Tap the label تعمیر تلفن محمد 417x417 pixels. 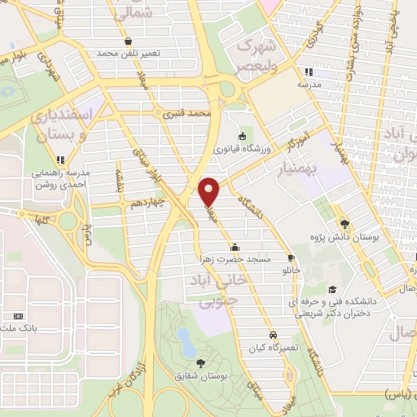point(125,53)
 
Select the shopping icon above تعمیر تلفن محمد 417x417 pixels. point(126,41)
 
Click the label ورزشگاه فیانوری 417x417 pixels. point(241,149)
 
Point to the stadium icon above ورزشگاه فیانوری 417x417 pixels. point(241,136)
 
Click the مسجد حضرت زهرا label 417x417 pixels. point(235,258)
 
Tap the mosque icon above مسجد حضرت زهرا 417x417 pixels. point(235,246)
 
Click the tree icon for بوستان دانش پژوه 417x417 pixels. point(345,223)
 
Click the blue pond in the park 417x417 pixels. point(187,342)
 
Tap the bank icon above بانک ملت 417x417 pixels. point(18,317)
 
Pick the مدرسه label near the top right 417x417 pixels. point(307,85)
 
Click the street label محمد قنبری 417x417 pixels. point(187,114)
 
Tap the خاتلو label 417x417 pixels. point(291,269)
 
